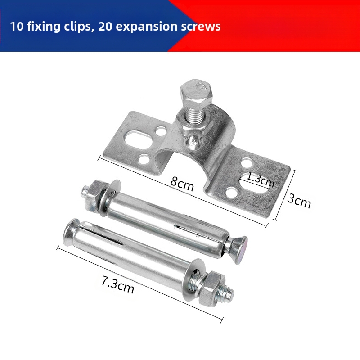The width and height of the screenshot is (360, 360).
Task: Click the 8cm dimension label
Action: (x=182, y=184)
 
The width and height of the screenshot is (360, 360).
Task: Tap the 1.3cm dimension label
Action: (x=261, y=179)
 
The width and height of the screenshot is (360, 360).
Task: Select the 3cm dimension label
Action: (x=299, y=201)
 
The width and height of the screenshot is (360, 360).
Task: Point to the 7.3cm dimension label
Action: (x=118, y=285)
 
